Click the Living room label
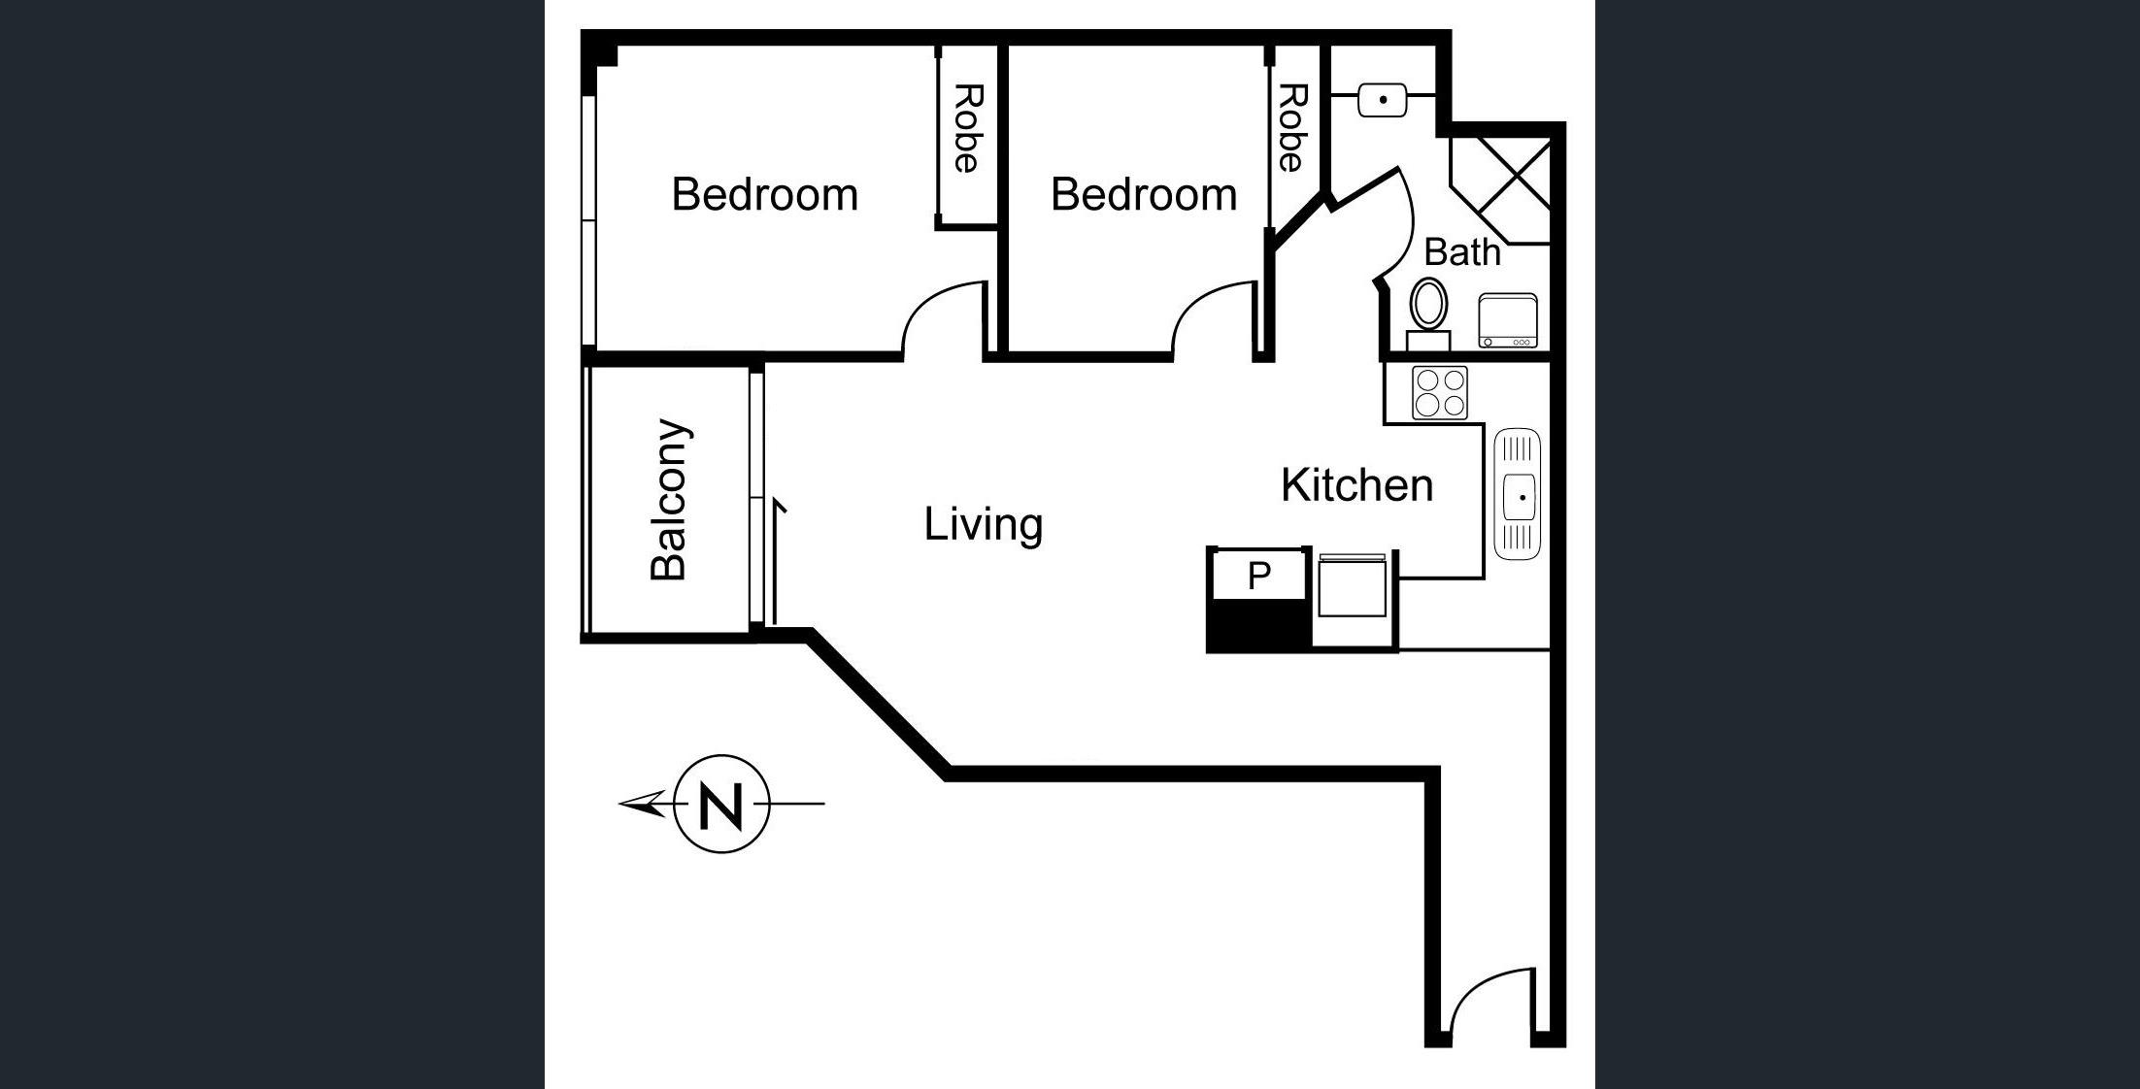(983, 524)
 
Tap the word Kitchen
(1356, 485)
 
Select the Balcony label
(669, 500)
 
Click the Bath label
(1462, 252)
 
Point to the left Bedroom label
(765, 194)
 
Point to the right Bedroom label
(1144, 194)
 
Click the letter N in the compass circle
(721, 805)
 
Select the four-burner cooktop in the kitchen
(1440, 392)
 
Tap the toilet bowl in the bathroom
(1427, 303)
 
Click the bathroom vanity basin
(1383, 100)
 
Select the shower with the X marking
(1499, 190)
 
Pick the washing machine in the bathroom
(1508, 320)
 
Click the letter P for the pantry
(1258, 577)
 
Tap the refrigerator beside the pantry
(1352, 584)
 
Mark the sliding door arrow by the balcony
(777, 561)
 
